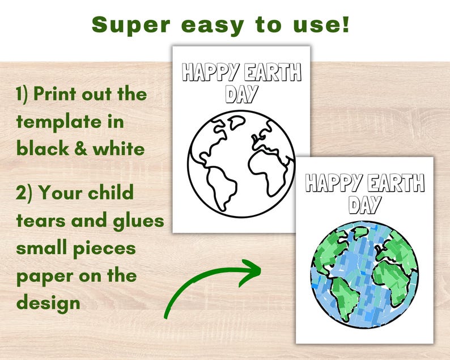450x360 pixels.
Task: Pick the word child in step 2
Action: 111,193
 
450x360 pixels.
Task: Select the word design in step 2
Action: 48,303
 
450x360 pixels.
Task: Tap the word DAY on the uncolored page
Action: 240,94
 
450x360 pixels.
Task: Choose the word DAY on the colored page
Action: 364,204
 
